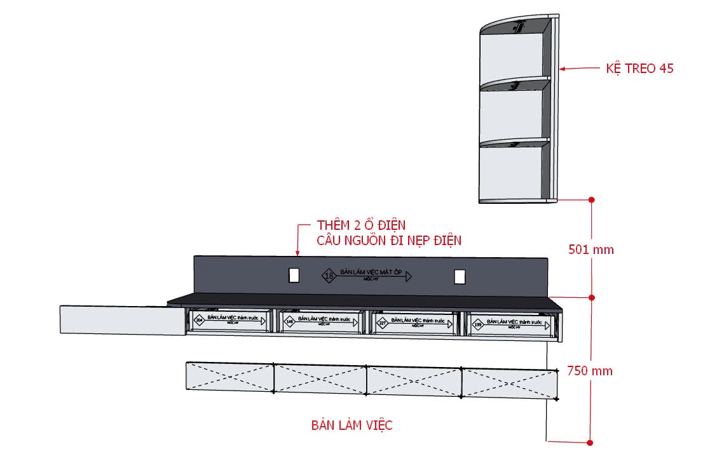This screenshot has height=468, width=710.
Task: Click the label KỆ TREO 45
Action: (x=639, y=69)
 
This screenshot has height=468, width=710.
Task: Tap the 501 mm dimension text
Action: (x=591, y=250)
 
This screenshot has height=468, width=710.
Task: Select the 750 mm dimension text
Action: (x=590, y=371)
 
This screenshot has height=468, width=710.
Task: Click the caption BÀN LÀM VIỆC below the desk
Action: (x=352, y=425)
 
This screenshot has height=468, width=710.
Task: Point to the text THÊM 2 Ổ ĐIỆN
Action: (x=360, y=225)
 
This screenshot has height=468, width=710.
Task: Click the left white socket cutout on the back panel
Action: (x=294, y=275)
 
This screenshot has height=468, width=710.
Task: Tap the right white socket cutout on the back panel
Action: (x=460, y=276)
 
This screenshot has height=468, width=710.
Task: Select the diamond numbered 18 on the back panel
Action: (x=329, y=276)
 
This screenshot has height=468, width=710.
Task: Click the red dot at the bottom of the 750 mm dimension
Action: (x=590, y=443)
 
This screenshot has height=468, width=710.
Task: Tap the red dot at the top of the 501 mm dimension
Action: (x=591, y=199)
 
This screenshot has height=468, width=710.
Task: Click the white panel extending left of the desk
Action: (x=119, y=319)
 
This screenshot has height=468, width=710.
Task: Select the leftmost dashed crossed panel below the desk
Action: (x=229, y=377)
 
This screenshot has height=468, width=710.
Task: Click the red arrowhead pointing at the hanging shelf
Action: (x=562, y=69)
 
